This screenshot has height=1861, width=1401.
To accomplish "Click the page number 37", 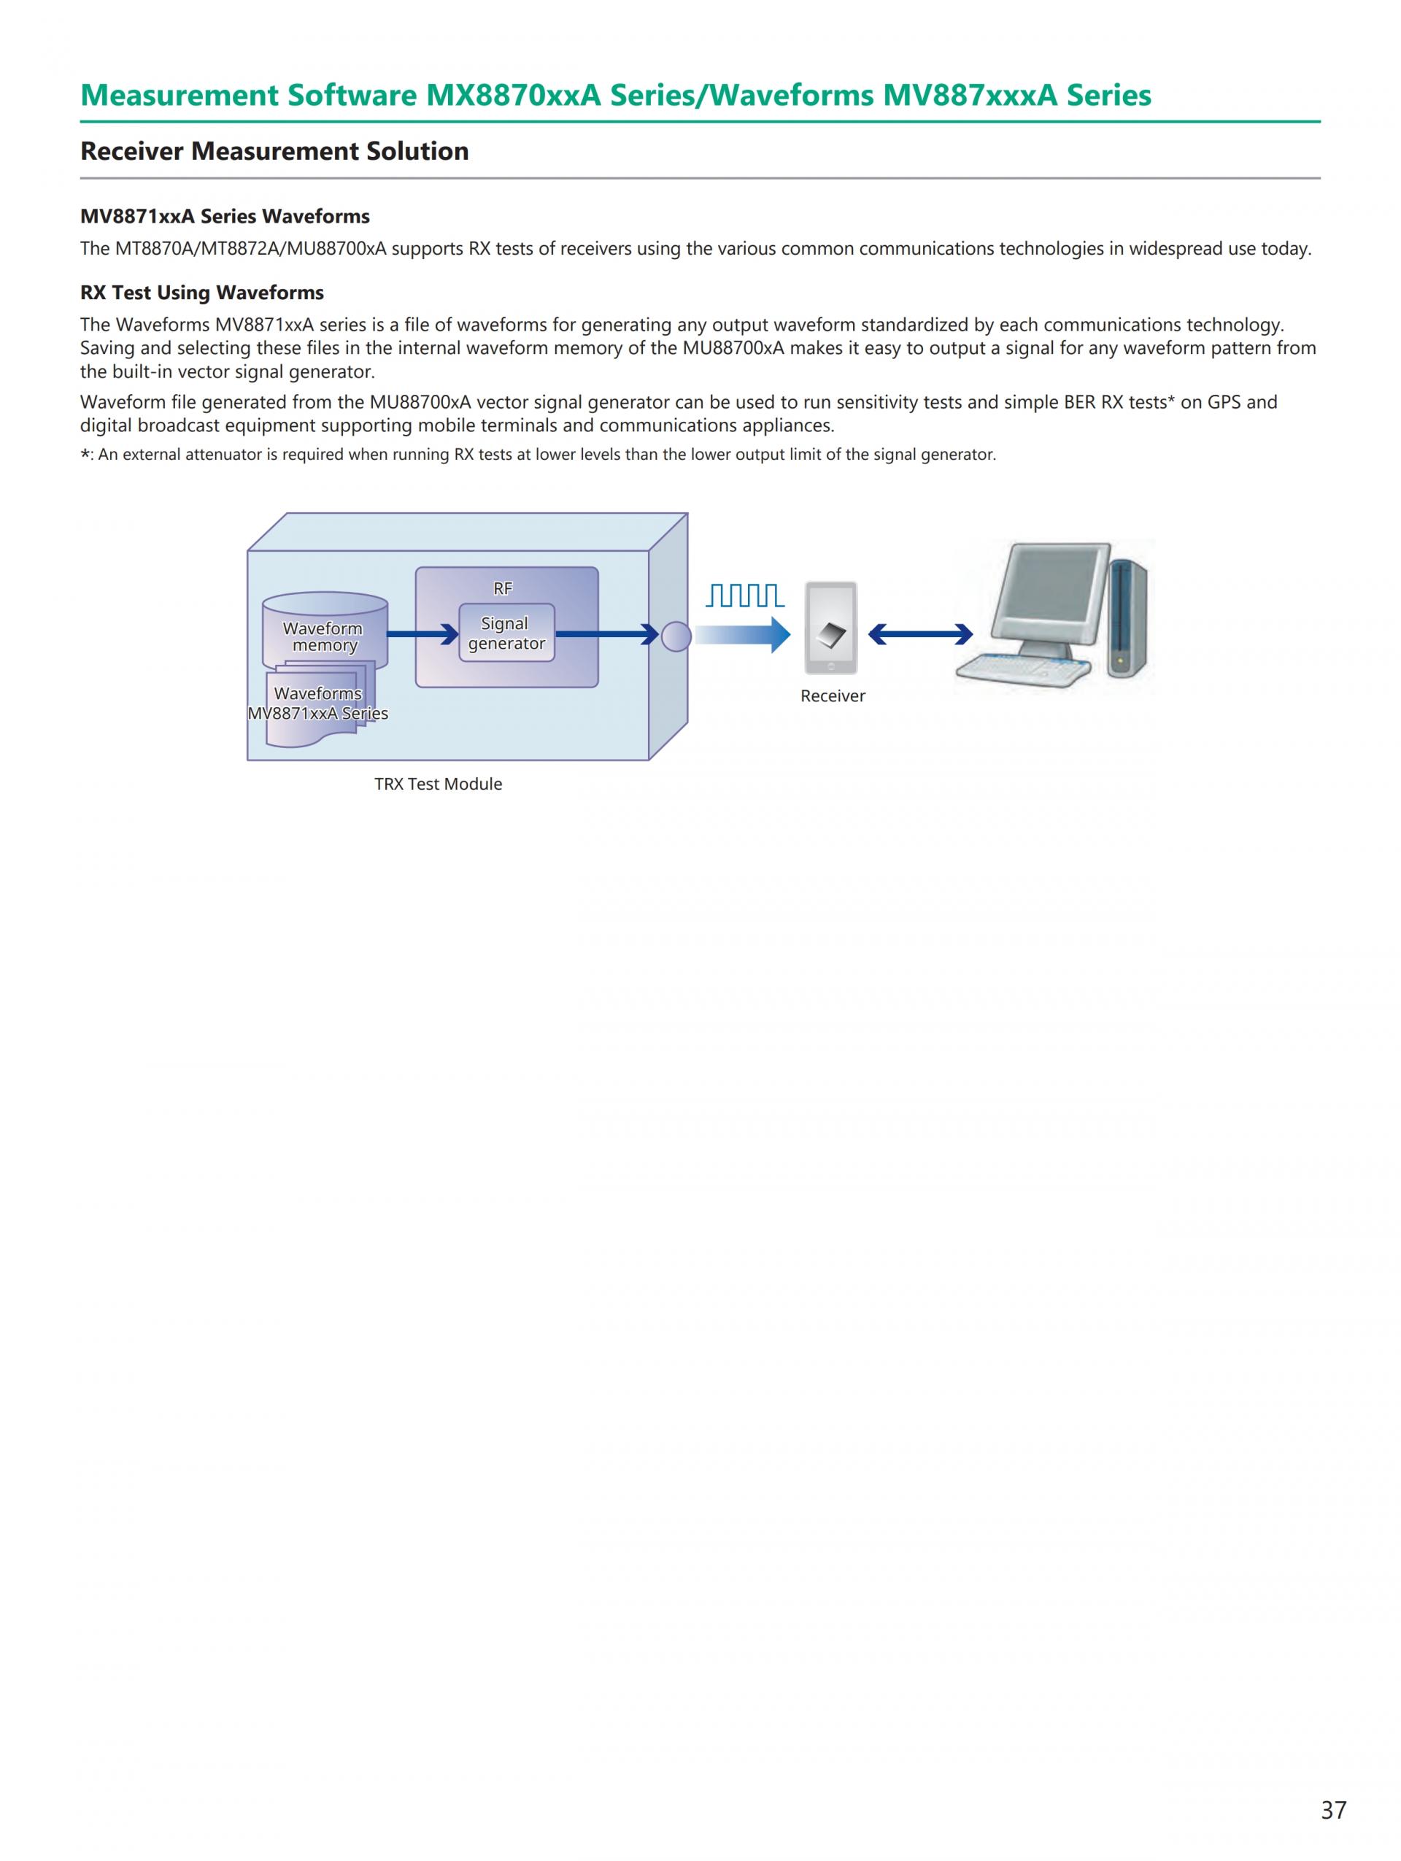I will click(x=1333, y=1809).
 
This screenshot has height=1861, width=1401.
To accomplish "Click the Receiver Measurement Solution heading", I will click(x=274, y=152).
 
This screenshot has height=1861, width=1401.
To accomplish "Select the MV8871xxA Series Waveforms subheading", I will click(x=225, y=216).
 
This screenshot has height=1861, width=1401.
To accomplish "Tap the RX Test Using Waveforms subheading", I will click(x=202, y=293).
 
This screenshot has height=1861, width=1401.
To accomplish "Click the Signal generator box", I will click(x=506, y=633).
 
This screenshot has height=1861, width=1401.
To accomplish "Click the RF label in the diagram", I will click(x=503, y=589).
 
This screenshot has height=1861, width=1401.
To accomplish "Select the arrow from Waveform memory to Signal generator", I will click(x=422, y=634).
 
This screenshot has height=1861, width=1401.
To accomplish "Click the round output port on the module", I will click(x=676, y=636).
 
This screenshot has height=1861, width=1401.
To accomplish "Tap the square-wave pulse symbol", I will click(x=745, y=596).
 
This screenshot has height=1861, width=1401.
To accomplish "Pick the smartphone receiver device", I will click(x=831, y=628).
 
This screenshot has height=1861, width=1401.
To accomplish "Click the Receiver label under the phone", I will click(x=833, y=696).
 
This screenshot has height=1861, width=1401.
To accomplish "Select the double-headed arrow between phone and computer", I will click(x=920, y=634).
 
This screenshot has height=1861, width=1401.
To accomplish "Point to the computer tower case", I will click(x=1127, y=618).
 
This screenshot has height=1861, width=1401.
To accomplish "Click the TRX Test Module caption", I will click(x=438, y=784).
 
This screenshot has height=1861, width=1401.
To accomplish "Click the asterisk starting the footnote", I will click(x=85, y=455).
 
